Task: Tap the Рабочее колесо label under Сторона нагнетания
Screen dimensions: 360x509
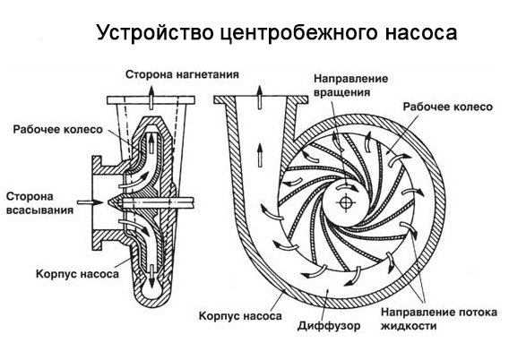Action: click(x=51, y=128)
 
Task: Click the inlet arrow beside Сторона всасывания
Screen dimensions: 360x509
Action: click(x=86, y=204)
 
